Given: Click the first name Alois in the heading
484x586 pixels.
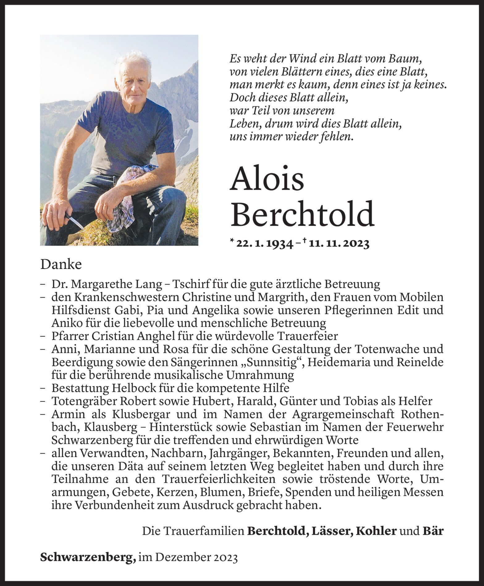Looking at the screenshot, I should [267, 180].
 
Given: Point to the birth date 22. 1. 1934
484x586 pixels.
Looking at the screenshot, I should [264, 244].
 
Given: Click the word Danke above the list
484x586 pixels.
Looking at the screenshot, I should [61, 265].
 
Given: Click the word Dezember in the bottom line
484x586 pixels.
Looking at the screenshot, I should [183, 557].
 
